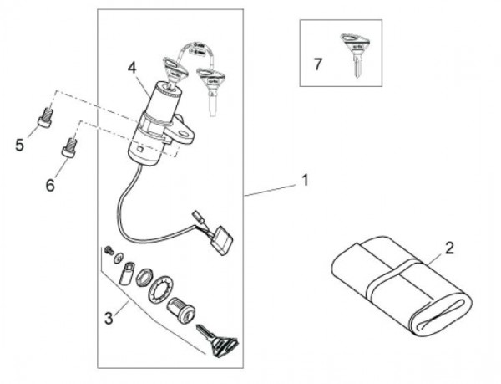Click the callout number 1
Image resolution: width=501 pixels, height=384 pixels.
(x=305, y=180)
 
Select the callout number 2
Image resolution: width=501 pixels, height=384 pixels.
(x=449, y=248)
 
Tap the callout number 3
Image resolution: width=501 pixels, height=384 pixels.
(x=109, y=319)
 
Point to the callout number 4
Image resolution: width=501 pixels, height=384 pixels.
(x=132, y=68)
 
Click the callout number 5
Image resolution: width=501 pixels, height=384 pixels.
(x=19, y=145)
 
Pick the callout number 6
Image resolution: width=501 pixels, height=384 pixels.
(x=50, y=185)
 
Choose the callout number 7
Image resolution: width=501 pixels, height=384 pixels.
(x=317, y=64)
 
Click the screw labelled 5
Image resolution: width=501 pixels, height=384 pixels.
(x=45, y=118)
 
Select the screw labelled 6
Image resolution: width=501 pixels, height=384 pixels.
(x=69, y=147)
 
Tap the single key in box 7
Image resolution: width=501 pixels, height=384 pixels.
(x=356, y=54)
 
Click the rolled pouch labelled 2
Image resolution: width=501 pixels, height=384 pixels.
(x=402, y=287)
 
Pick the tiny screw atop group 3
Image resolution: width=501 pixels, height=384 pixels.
(x=109, y=249)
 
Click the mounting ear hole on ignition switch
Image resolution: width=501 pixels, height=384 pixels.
(x=185, y=134)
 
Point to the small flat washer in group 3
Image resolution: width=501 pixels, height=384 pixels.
(x=119, y=257)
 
